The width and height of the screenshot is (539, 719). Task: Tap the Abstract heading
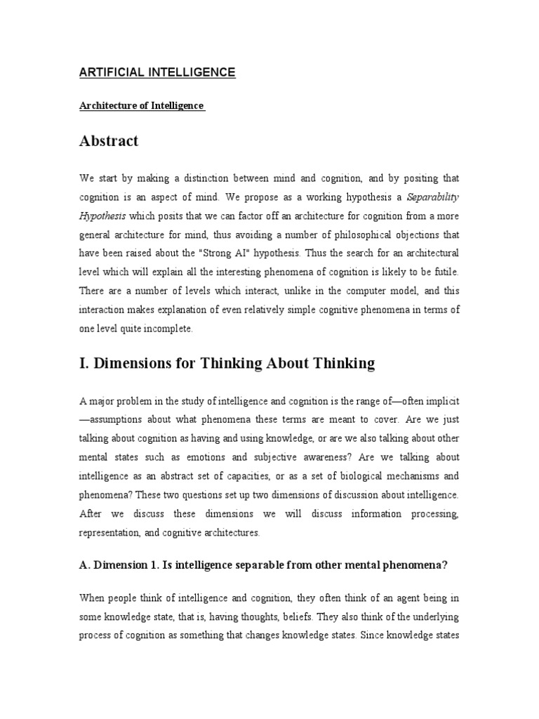point(109,141)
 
